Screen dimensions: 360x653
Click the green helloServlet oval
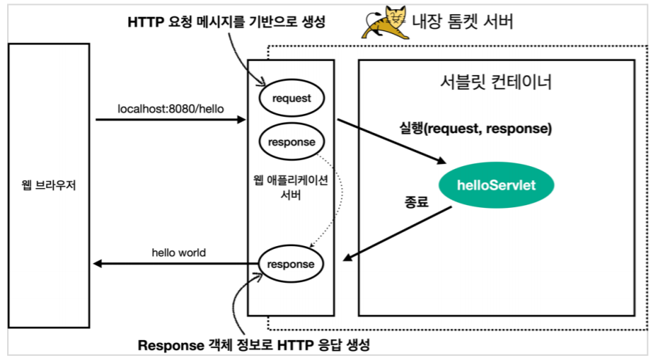(x=496, y=185)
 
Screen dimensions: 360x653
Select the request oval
(x=291, y=98)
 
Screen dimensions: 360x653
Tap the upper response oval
(x=291, y=141)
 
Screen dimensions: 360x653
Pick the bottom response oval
(x=291, y=264)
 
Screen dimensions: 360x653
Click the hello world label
(x=179, y=252)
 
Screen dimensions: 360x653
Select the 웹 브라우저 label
(x=49, y=186)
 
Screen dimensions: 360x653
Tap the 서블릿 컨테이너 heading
(x=495, y=83)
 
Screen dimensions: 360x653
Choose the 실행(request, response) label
(x=475, y=129)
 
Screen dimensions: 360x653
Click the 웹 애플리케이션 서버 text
(x=291, y=187)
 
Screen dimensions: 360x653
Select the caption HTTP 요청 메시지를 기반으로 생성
(x=226, y=22)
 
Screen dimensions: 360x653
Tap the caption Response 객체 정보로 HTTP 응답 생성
(x=253, y=346)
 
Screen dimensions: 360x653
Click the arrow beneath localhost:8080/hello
(x=170, y=120)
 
